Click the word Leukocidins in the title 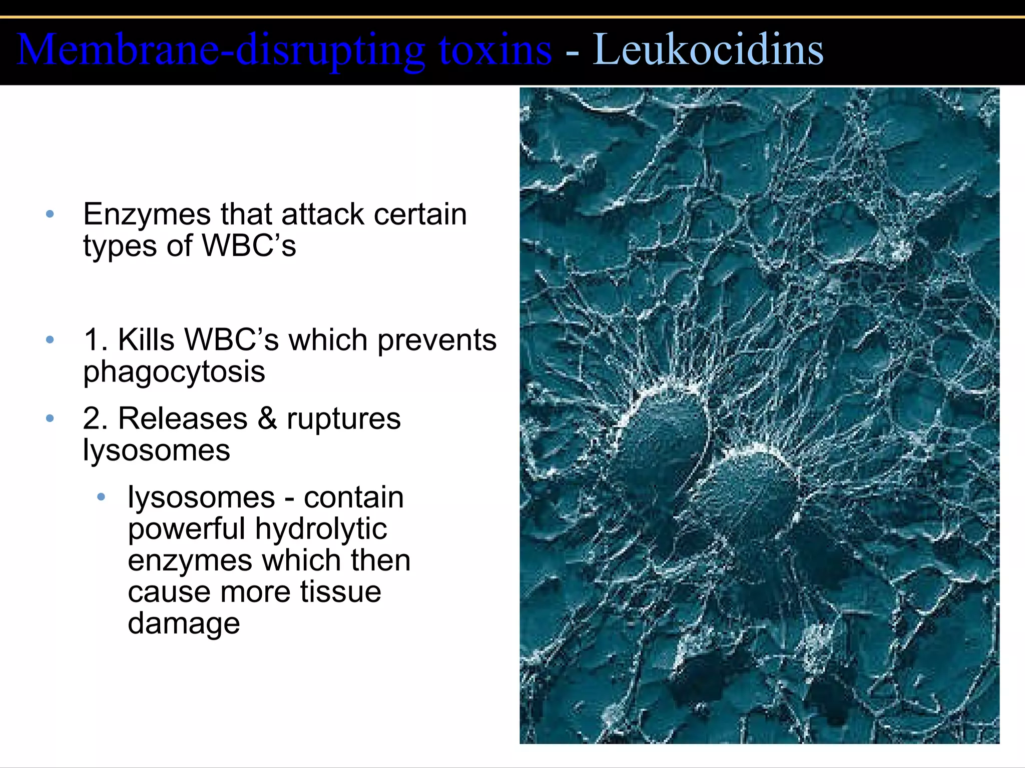[x=708, y=50]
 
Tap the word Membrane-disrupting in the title [x=221, y=50]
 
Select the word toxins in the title [x=495, y=50]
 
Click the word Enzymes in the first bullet [x=147, y=215]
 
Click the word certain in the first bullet [x=420, y=214]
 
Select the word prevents [x=437, y=341]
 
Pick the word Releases [x=183, y=418]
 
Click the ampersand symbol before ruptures [x=267, y=418]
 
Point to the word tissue [x=341, y=592]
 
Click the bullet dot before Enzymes [x=50, y=214]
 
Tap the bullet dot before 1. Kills [x=50, y=340]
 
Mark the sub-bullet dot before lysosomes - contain [x=101, y=497]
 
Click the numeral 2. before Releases [x=95, y=418]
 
